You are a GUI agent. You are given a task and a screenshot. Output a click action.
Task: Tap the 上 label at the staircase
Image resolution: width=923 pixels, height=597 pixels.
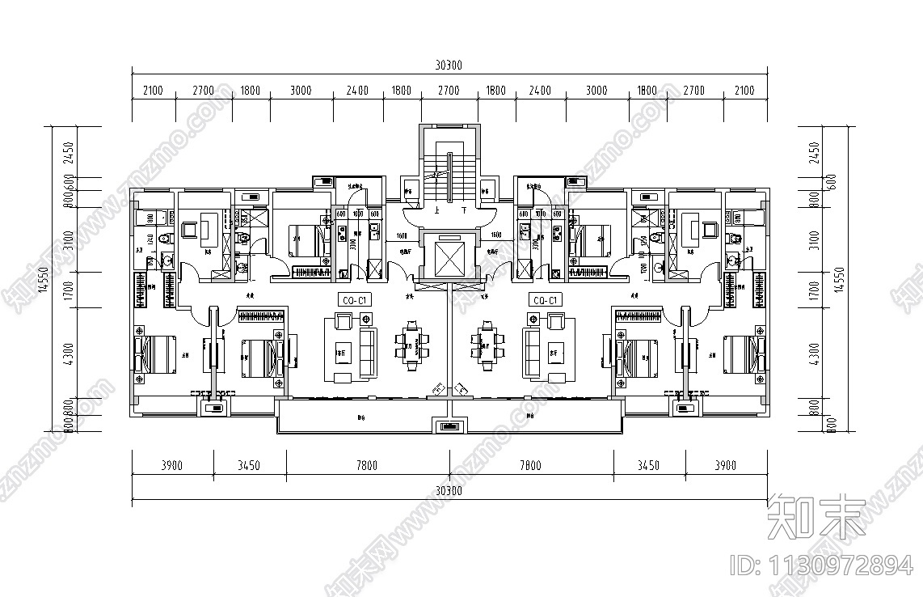pyautogui.click(x=436, y=210)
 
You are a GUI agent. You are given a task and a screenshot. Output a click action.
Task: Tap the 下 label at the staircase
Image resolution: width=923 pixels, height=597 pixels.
pyautogui.click(x=463, y=210)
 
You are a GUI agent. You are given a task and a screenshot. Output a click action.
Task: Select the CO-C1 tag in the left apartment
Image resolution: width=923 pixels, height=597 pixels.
pyautogui.click(x=355, y=301)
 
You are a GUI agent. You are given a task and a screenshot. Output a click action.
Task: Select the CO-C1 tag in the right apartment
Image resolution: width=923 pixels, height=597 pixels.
pyautogui.click(x=545, y=301)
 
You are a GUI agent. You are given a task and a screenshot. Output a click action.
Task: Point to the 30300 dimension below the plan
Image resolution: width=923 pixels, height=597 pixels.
pyautogui.click(x=449, y=491)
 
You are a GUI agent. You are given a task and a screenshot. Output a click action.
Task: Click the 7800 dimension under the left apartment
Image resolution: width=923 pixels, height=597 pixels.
pyautogui.click(x=367, y=465)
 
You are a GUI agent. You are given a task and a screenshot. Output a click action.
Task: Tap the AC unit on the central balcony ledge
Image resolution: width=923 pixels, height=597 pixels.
pyautogui.click(x=449, y=426)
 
